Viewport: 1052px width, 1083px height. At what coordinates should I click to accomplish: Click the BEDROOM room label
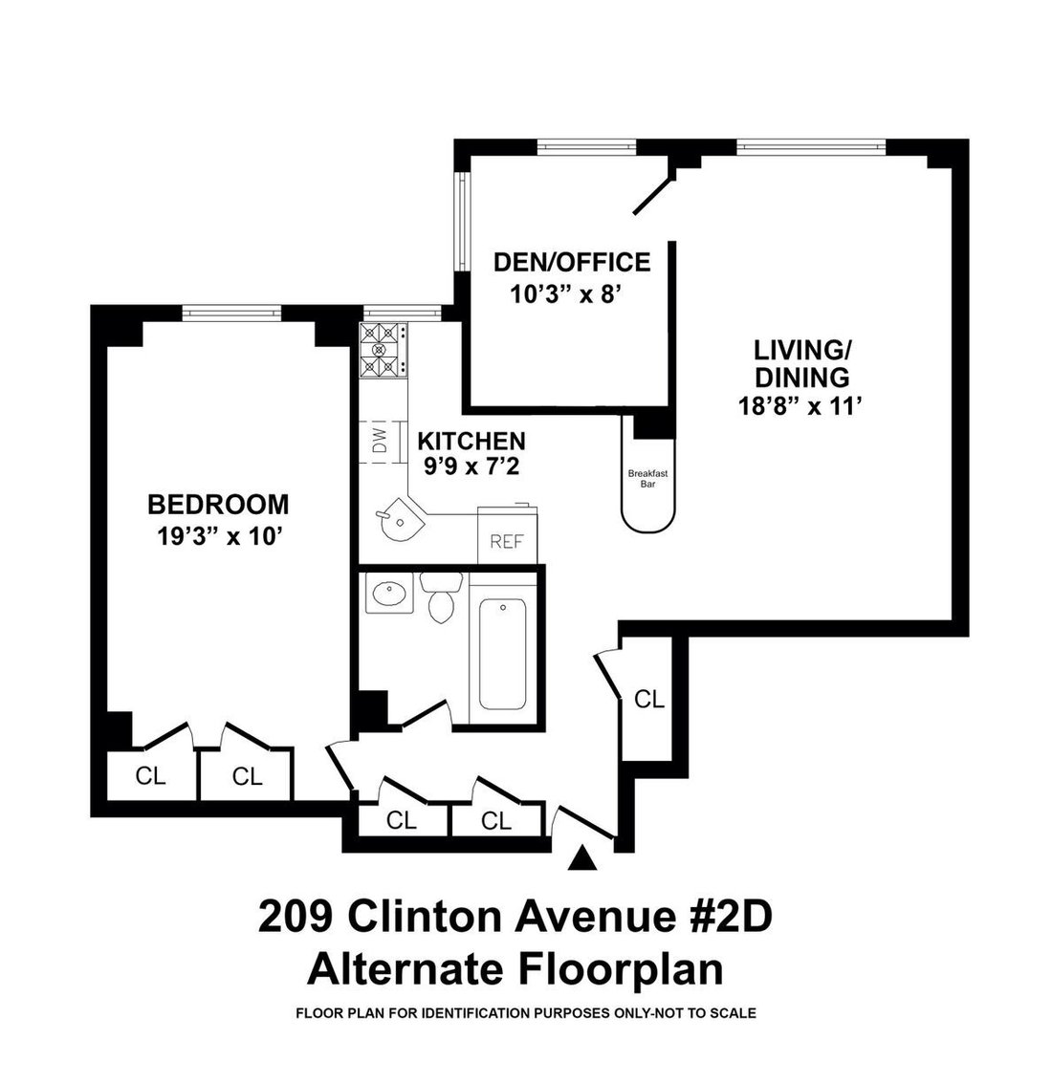[218, 505]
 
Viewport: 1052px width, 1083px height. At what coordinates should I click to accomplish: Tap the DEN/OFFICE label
[572, 263]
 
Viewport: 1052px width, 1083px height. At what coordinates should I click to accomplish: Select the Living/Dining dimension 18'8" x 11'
[800, 405]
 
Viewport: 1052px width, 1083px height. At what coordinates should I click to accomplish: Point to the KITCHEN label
[471, 441]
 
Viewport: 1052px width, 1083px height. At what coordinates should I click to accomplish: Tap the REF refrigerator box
[507, 534]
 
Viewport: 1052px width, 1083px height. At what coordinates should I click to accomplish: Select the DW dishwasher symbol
[381, 442]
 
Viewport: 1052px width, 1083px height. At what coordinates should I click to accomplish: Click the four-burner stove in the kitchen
[383, 351]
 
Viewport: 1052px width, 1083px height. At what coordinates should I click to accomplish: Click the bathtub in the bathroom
[502, 654]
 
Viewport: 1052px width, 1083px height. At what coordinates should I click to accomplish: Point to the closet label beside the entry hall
[649, 699]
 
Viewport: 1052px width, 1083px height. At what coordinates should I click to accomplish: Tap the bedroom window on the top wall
[232, 314]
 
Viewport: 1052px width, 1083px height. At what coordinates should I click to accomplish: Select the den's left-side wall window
[462, 221]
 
